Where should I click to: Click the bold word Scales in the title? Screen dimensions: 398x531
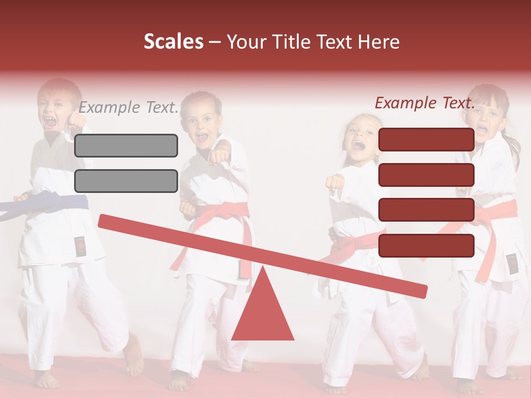(x=174, y=42)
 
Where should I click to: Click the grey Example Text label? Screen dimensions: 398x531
(x=128, y=107)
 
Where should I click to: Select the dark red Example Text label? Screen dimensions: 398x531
(x=425, y=103)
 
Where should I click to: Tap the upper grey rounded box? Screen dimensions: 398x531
(x=126, y=145)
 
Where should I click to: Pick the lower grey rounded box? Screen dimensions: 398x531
(x=126, y=181)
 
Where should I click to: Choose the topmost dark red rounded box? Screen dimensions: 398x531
(x=426, y=139)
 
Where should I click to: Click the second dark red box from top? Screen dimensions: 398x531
(x=426, y=175)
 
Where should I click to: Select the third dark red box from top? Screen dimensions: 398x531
(x=426, y=210)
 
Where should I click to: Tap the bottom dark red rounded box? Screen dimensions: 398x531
(x=426, y=245)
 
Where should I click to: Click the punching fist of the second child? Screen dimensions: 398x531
(x=220, y=155)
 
